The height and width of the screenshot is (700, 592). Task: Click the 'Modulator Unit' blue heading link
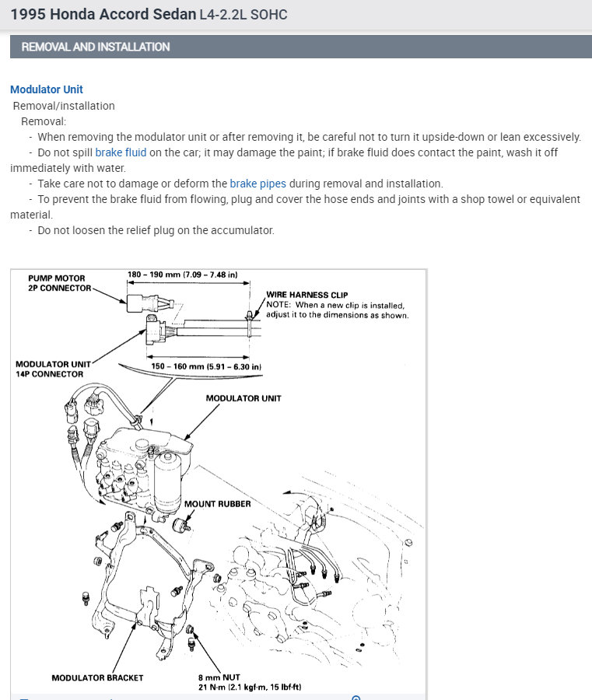point(47,89)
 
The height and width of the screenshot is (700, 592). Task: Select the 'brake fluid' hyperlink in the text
point(121,152)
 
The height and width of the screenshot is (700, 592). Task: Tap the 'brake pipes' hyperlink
point(257,184)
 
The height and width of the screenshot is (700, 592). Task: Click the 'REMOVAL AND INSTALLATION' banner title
point(96,47)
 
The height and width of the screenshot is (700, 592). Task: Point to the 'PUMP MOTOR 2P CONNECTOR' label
point(57,283)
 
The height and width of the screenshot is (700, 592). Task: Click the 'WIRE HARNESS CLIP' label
point(307,295)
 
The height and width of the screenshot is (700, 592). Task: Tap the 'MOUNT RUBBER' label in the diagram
point(217,504)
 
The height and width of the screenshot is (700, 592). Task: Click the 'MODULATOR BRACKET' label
point(97,677)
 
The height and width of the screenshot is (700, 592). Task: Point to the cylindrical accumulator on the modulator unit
point(166,482)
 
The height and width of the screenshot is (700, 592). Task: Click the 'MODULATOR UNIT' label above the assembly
point(243,398)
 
